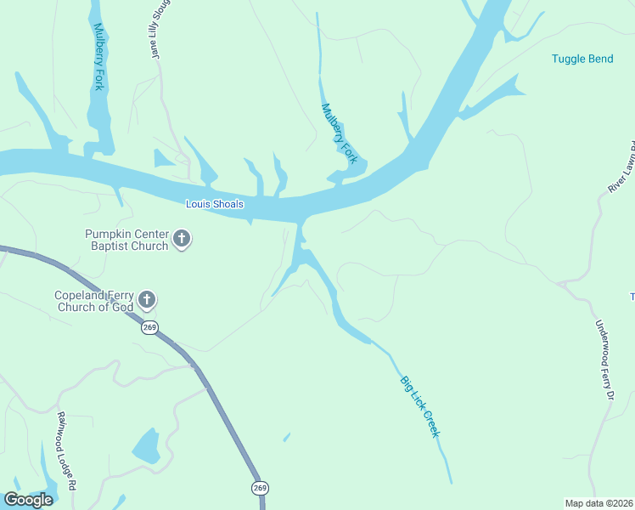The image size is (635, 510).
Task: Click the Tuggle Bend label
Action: point(582,59)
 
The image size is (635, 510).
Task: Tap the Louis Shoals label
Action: point(215,204)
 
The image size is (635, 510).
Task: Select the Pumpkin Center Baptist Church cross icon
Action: point(182,240)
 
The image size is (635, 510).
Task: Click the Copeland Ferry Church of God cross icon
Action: point(147,299)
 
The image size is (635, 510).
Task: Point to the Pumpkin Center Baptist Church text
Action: point(126,240)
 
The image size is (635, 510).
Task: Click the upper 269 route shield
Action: point(150,328)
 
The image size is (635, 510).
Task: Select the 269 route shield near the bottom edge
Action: point(259,488)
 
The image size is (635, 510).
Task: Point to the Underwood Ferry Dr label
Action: point(604,360)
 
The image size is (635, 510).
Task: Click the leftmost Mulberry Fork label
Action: point(98,58)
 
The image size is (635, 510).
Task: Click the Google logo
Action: point(28,500)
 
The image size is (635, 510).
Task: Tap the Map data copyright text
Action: point(598,503)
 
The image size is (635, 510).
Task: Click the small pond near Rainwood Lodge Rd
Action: point(146,445)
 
